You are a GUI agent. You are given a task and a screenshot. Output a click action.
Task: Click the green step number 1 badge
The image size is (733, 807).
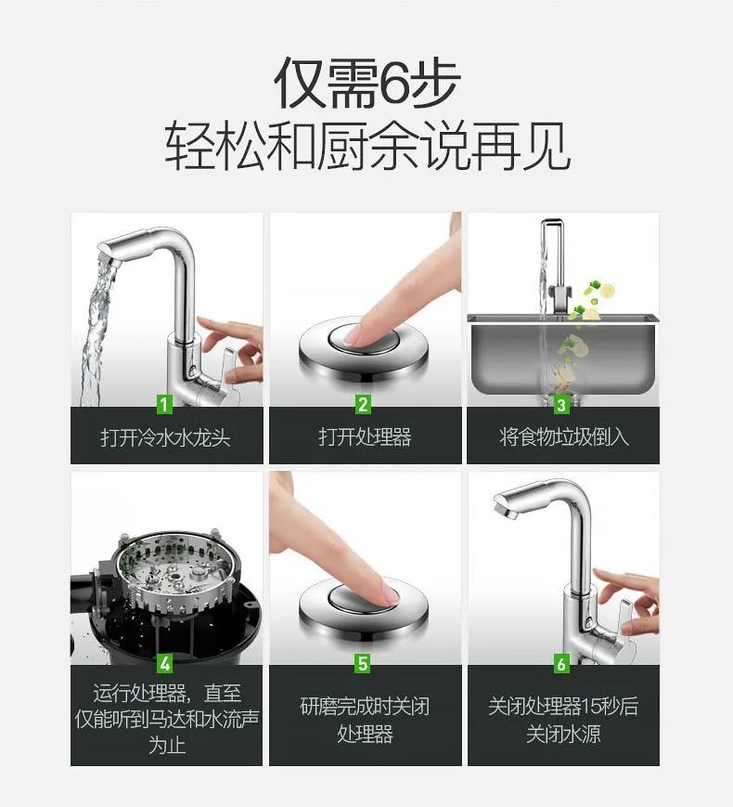(164, 404)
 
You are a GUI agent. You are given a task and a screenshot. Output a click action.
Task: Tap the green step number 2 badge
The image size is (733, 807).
(363, 404)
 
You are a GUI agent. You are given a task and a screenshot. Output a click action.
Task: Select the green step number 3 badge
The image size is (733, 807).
(561, 404)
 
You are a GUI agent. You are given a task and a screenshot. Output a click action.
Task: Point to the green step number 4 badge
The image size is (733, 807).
(164, 663)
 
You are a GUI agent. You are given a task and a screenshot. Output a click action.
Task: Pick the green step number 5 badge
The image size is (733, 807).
(363, 663)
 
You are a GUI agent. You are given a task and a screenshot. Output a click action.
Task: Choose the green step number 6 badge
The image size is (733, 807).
(561, 663)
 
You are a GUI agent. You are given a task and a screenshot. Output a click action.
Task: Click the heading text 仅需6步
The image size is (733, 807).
(366, 83)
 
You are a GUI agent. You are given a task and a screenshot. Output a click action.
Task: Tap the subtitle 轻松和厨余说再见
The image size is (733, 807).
(367, 146)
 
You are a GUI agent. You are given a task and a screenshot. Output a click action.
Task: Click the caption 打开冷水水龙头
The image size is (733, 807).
(166, 437)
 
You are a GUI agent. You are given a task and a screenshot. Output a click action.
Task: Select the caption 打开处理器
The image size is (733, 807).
(365, 437)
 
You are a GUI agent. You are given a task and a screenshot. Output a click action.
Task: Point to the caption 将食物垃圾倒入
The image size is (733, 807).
(564, 437)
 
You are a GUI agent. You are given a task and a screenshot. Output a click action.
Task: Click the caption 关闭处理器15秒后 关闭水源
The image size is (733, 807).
(563, 720)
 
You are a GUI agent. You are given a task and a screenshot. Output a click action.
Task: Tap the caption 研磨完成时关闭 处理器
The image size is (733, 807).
(365, 720)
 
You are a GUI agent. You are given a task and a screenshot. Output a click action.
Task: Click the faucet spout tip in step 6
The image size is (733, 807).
(504, 508)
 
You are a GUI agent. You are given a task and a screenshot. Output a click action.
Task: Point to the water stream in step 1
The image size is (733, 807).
(97, 330)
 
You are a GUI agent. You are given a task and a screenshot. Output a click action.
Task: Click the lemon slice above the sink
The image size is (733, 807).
(608, 292)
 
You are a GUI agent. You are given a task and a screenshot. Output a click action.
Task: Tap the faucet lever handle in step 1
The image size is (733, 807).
(228, 362)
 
